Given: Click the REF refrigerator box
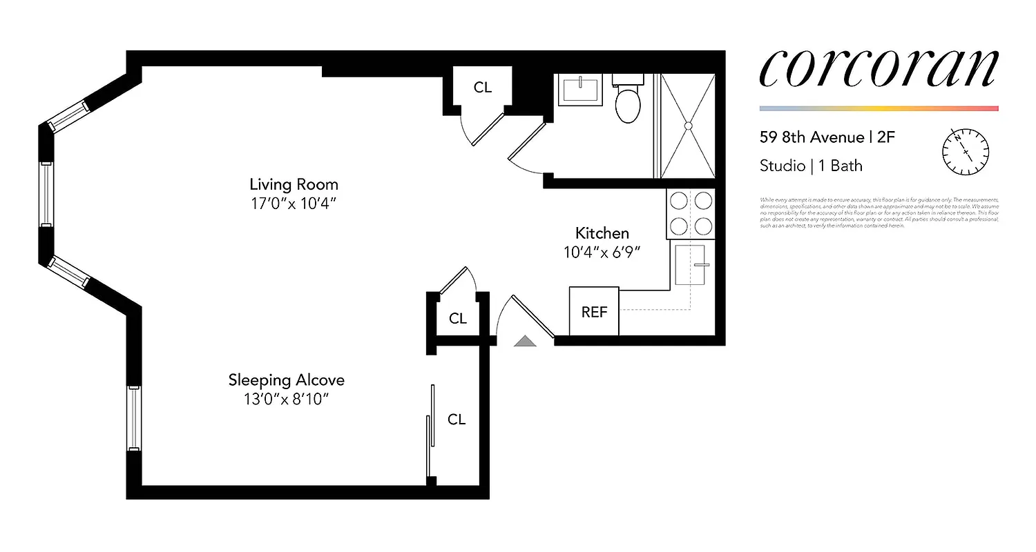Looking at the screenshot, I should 594,312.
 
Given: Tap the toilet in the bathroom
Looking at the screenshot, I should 629,103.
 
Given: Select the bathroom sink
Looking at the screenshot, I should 580,90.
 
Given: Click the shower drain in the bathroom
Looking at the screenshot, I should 688,126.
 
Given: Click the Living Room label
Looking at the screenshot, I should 294,184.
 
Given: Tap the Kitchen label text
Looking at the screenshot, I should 602,233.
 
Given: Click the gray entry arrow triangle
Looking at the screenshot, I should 525,340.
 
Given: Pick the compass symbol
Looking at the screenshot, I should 966,152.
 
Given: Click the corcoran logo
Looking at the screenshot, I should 879,68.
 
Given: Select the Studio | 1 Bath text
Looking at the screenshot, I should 811,166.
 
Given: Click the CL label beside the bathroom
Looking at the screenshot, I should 483,88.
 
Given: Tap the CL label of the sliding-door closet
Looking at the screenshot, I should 457,420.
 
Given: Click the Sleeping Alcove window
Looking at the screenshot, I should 133,418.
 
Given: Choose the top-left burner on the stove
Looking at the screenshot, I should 678,201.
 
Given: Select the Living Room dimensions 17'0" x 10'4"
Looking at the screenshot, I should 294,204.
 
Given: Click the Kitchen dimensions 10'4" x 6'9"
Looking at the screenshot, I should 602,253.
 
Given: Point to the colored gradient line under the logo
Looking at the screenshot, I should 879,108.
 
